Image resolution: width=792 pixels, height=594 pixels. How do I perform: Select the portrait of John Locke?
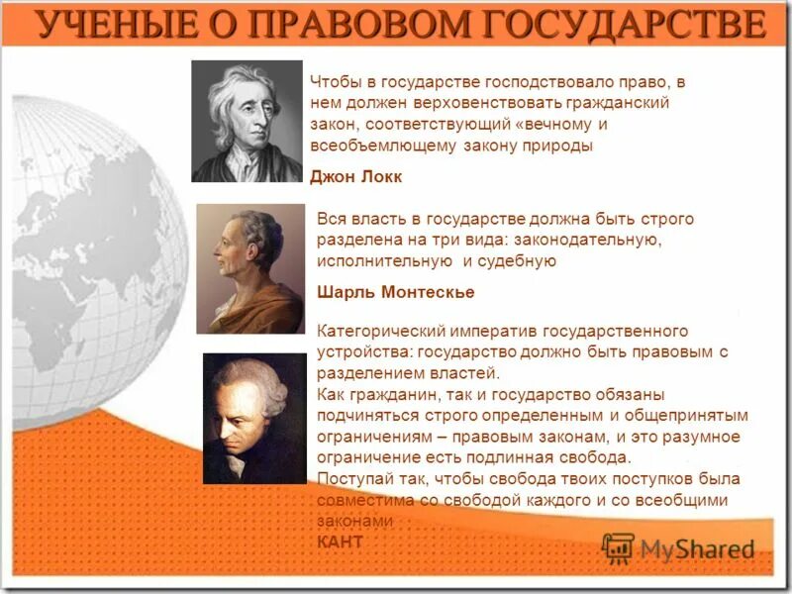247,121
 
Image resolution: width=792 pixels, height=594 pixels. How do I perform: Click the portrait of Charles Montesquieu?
250,268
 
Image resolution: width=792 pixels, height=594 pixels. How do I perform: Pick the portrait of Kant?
254,418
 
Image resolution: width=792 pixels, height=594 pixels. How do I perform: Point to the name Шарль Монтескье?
381,292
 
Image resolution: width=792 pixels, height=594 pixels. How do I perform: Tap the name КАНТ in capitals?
340,542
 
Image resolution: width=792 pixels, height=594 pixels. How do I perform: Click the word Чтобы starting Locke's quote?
332,83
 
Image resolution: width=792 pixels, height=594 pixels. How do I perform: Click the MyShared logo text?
697,547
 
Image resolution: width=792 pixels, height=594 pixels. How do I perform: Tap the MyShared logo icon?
618,547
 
